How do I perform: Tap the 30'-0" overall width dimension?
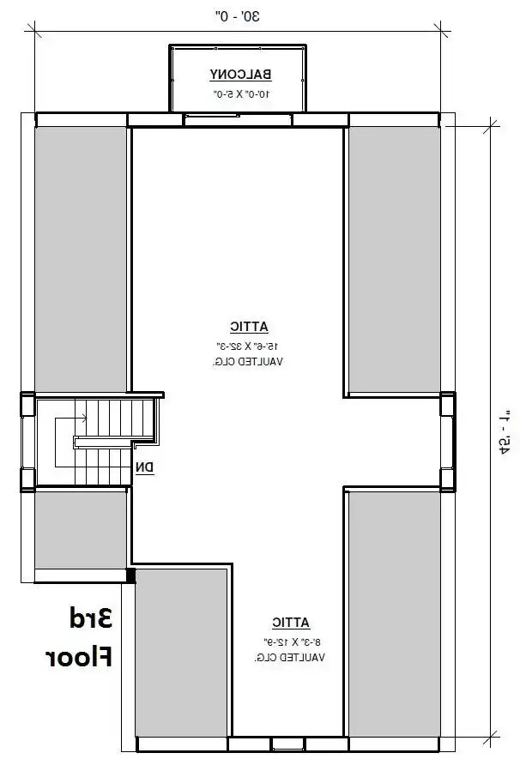tap(236, 15)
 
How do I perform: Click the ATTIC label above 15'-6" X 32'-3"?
tap(249, 326)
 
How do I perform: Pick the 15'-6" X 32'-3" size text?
tap(249, 345)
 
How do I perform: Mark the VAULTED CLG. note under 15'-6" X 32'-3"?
tap(249, 362)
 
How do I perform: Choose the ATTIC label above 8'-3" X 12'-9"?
tap(291, 623)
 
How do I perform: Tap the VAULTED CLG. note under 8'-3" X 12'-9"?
tap(289, 658)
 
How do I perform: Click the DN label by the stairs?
tap(144, 467)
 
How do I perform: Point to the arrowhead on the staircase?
tap(83, 419)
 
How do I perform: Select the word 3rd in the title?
tap(89, 617)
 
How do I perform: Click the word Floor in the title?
tap(79, 658)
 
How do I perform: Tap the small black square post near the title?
tap(130, 575)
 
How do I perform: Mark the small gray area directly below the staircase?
tap(80, 529)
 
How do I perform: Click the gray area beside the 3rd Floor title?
tap(180, 652)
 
